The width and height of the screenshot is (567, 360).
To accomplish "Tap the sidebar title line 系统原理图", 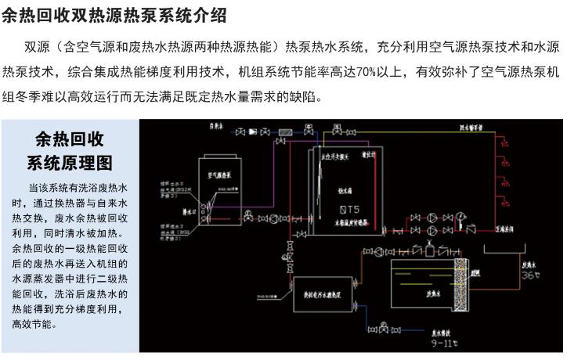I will [70, 164].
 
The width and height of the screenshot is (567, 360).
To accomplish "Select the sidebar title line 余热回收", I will [70, 140].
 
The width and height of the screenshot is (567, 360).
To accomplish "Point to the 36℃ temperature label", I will [510, 275].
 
